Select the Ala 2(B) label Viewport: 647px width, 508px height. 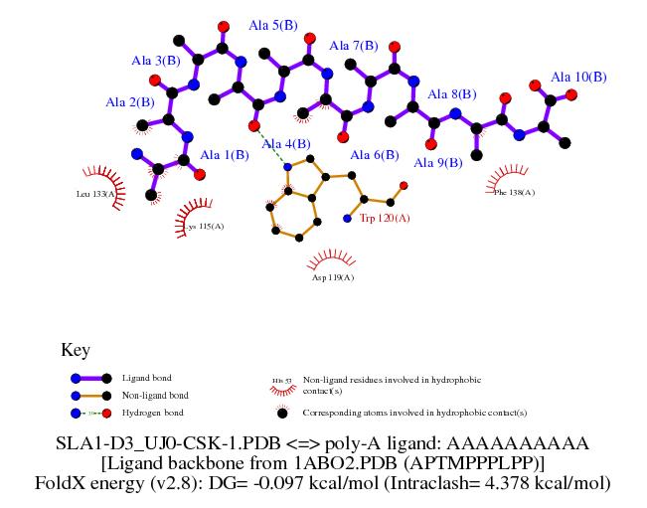point(130,101)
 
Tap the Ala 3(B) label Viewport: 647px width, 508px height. point(156,61)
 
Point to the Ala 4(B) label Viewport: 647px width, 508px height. point(286,144)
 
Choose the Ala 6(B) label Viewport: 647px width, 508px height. point(375,155)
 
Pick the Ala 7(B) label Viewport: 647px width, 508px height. point(353,46)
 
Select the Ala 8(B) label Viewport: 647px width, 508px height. point(452,95)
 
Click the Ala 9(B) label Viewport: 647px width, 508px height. point(438,163)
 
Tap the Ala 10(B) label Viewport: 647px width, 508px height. point(578,77)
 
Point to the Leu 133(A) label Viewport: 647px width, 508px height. point(96,194)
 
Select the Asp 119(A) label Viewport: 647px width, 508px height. point(332,278)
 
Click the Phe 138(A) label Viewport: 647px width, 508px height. point(514,192)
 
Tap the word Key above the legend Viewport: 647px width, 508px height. point(76,350)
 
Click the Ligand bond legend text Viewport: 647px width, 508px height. point(147,378)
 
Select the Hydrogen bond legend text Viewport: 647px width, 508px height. point(153,412)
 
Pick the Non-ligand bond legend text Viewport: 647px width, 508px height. point(155,395)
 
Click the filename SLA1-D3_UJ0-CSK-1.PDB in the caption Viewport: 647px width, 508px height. point(154,443)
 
